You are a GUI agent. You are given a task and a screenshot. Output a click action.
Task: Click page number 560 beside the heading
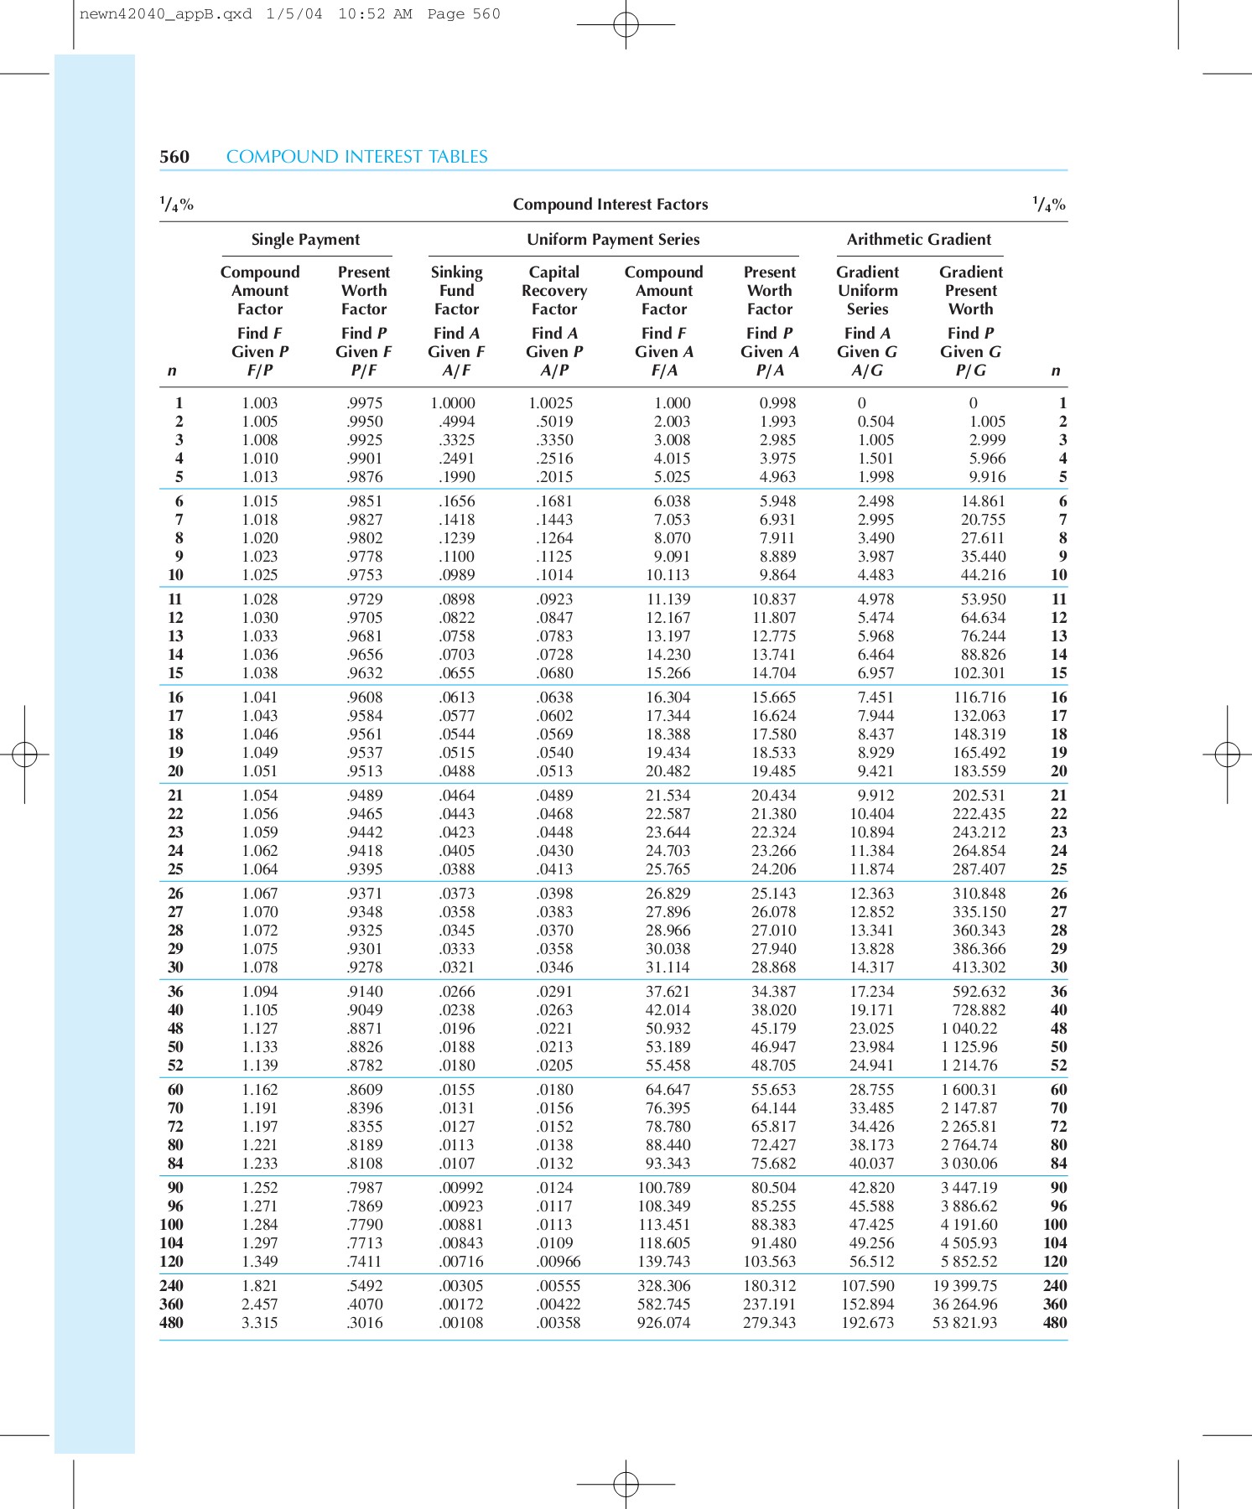point(174,157)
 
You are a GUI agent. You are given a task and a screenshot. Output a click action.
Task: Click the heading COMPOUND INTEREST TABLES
point(356,157)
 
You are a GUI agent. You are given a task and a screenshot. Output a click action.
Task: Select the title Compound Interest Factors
point(610,205)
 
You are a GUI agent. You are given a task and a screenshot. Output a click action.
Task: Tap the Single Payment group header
point(305,240)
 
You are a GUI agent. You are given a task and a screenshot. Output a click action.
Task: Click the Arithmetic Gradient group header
point(918,240)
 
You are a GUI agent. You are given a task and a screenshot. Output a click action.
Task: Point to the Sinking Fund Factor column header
point(456,290)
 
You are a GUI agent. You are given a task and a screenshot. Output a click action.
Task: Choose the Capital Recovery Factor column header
point(553,290)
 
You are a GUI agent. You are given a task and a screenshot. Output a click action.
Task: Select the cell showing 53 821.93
point(964,1323)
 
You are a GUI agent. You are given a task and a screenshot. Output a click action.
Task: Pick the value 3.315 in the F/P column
point(259,1323)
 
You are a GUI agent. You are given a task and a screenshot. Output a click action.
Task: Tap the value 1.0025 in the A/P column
point(551,403)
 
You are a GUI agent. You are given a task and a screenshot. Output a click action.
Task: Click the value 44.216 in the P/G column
point(983,575)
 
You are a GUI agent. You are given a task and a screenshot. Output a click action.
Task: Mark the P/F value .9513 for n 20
point(365,771)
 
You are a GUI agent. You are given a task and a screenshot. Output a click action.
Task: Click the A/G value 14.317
point(872,967)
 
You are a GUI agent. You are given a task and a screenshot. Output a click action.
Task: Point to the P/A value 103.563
point(769,1262)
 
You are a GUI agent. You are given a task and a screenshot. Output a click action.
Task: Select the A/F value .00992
point(461,1188)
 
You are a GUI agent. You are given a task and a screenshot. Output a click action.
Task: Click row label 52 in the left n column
point(175,1066)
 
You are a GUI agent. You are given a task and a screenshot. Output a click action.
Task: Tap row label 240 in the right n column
point(1055,1286)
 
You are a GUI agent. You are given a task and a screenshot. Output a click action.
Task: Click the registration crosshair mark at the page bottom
point(626,1485)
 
